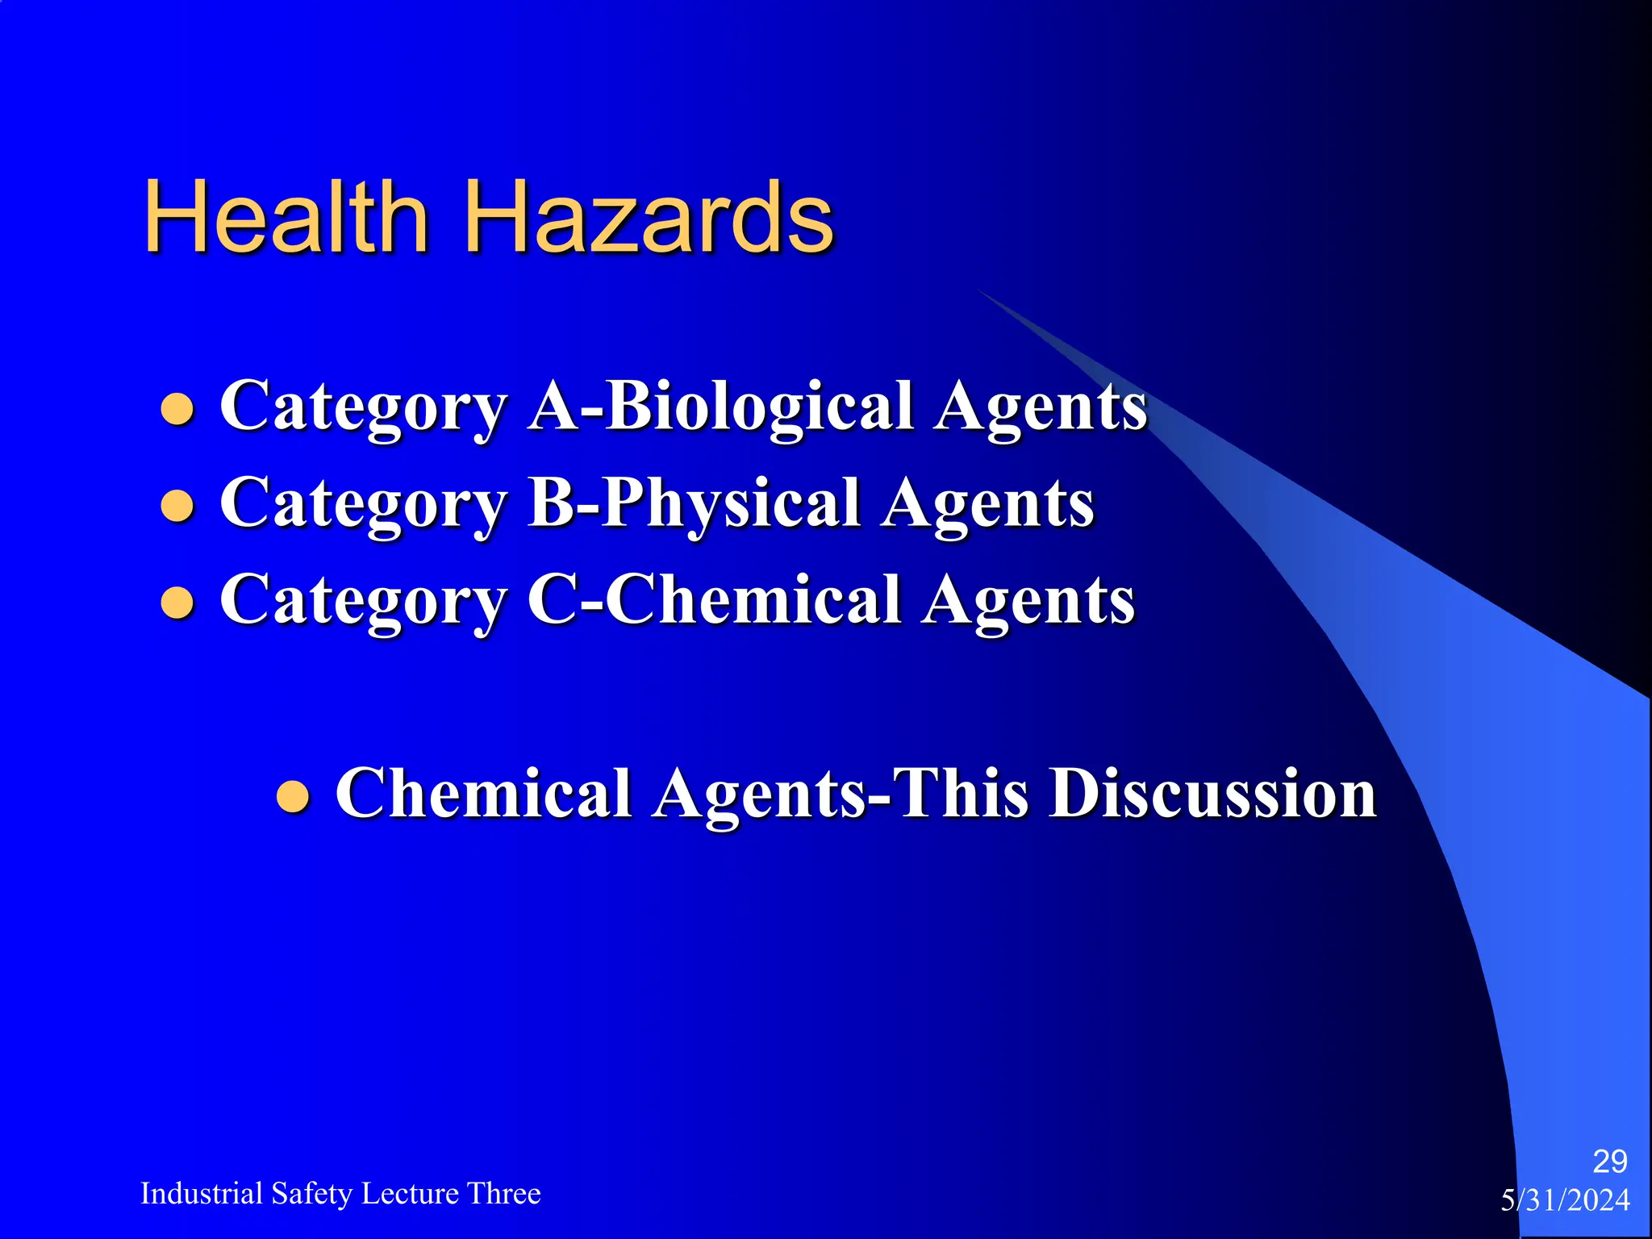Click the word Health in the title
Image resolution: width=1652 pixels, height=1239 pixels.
tap(286, 217)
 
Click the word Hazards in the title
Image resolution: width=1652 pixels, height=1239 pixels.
tap(649, 217)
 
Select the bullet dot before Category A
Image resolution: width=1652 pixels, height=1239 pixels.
tap(177, 408)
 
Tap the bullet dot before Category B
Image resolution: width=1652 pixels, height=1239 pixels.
tap(177, 506)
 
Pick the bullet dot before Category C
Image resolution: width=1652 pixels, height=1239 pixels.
tap(177, 603)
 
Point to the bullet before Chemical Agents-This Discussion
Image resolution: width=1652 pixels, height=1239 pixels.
tap(293, 796)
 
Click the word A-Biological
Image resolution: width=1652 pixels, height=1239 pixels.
tap(721, 407)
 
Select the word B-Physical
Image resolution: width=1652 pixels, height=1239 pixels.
tap(695, 503)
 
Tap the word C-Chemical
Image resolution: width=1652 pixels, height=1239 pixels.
tap(714, 600)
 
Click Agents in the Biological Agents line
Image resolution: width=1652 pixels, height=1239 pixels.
tap(1041, 408)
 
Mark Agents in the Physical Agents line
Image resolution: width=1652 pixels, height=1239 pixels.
tap(988, 505)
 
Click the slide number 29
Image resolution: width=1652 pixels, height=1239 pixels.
tap(1609, 1162)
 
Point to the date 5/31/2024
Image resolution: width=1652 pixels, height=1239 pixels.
tap(1565, 1200)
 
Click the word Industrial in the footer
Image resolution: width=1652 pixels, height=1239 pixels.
tap(202, 1193)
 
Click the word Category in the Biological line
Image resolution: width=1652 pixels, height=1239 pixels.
tap(364, 408)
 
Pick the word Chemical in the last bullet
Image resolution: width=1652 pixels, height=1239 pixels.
tap(483, 794)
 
